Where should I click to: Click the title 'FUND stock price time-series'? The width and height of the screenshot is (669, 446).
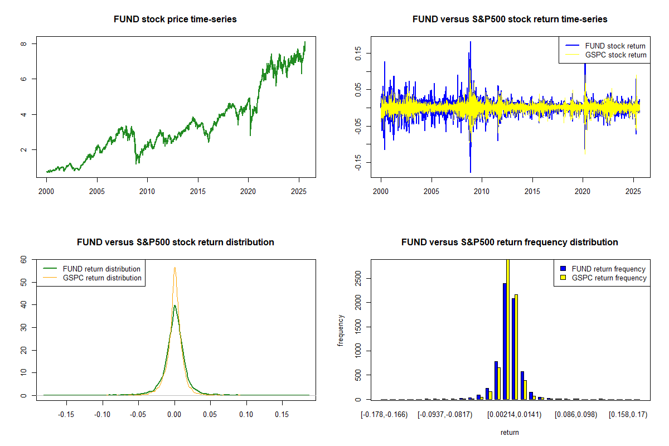tap(175, 20)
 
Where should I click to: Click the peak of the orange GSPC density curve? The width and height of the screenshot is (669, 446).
tap(174, 268)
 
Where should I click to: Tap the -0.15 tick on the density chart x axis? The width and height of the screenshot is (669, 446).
tap(67, 415)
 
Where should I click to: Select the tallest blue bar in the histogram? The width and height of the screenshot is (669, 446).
tap(505, 341)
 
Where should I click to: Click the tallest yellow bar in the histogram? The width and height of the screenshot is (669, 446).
tap(508, 329)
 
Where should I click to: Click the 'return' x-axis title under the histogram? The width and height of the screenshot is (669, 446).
tap(510, 433)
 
